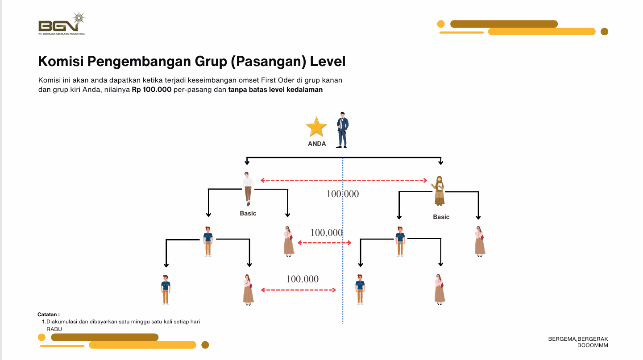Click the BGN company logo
pyautogui.click(x=61, y=25)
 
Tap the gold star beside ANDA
pyautogui.click(x=316, y=128)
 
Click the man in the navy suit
pyautogui.click(x=342, y=130)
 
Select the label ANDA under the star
pyautogui.click(x=317, y=144)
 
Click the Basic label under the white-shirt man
pyautogui.click(x=248, y=213)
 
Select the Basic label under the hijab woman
pyautogui.click(x=441, y=217)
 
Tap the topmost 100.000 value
pyautogui.click(x=342, y=194)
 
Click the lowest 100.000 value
pyautogui.click(x=303, y=279)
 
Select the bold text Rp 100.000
pyautogui.click(x=152, y=89)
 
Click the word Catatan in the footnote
pyautogui.click(x=48, y=314)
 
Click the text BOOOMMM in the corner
pyautogui.click(x=593, y=345)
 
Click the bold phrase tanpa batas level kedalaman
pyautogui.click(x=275, y=89)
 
